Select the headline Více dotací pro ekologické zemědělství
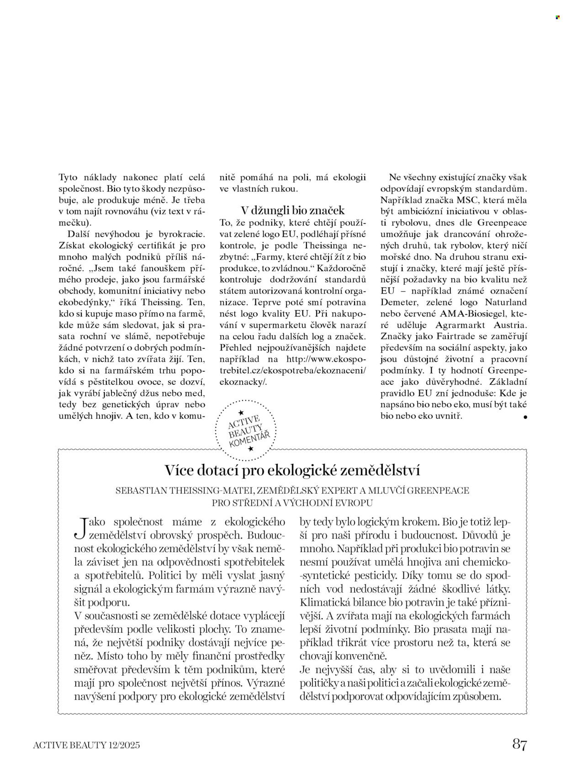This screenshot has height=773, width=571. [292, 471]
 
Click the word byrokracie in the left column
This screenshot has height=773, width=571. [182, 234]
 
